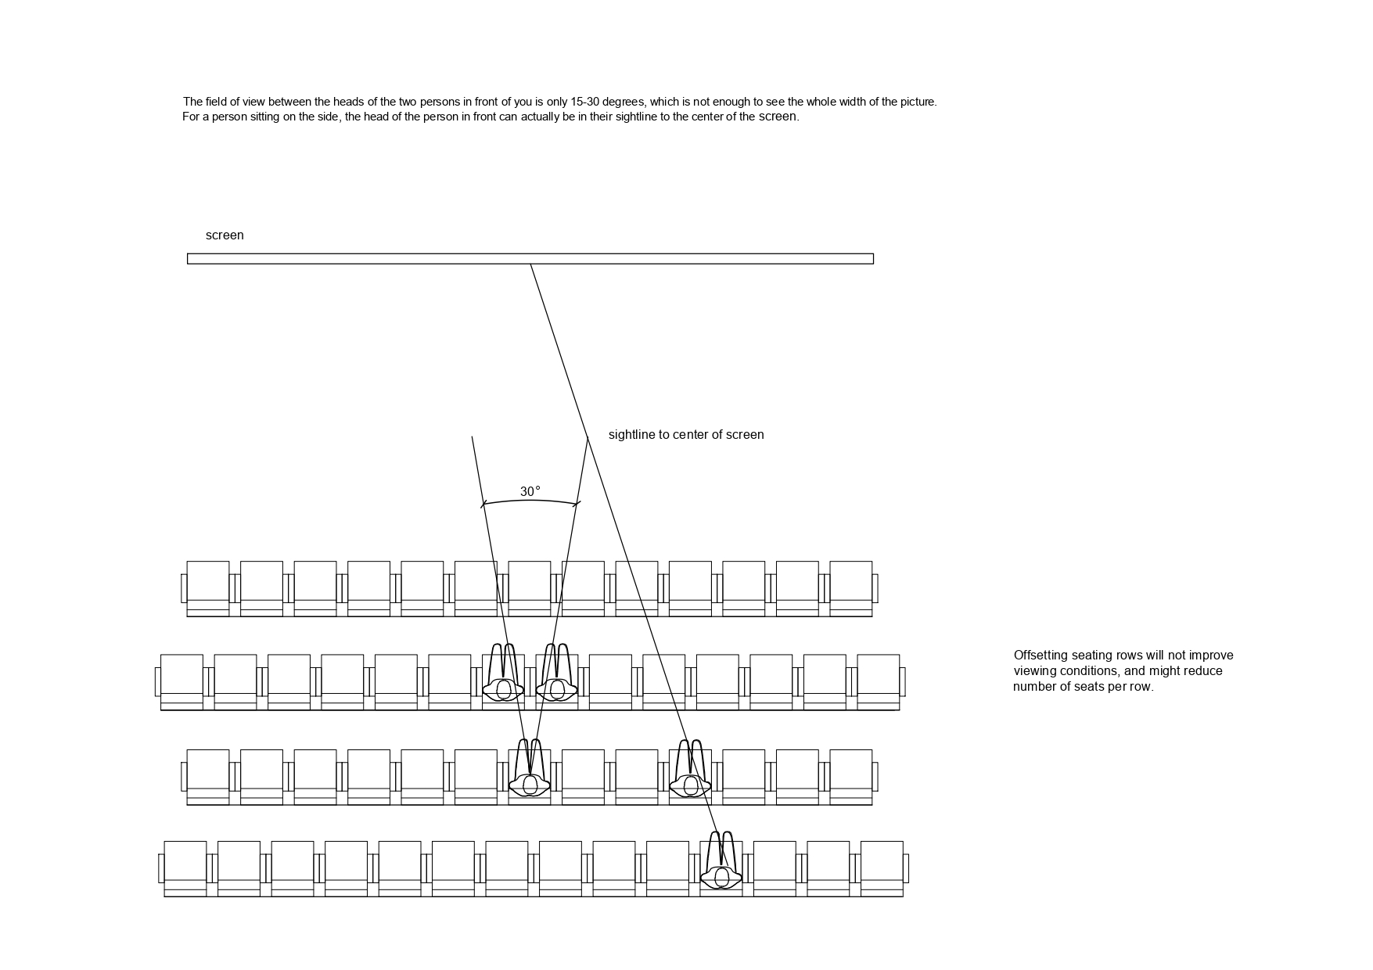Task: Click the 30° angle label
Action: click(x=530, y=491)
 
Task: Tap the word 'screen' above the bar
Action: click(x=225, y=235)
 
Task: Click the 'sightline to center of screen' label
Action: click(x=685, y=435)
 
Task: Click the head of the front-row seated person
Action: click(x=721, y=876)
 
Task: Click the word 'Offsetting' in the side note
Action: click(x=1041, y=656)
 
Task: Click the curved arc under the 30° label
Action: click(x=530, y=501)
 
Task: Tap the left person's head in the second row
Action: click(x=502, y=689)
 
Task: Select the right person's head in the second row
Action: click(x=556, y=689)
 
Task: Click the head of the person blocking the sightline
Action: click(x=689, y=785)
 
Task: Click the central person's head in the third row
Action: click(x=530, y=785)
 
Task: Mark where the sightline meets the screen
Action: click(x=531, y=264)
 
